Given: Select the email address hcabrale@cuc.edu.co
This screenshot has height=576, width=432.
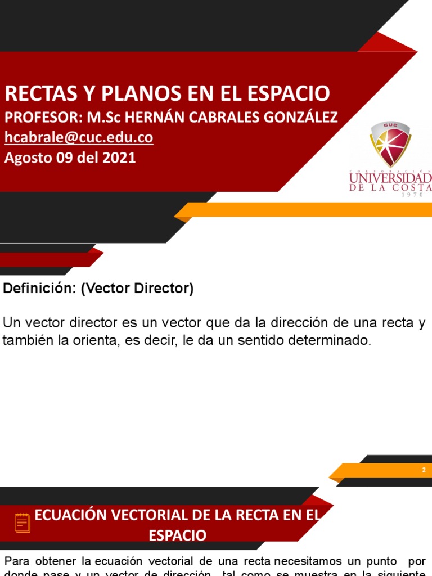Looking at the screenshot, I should pos(79,138).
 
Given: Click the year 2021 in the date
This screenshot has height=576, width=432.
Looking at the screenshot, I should pos(119,157).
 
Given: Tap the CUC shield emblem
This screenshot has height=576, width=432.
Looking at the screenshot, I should pos(390,144).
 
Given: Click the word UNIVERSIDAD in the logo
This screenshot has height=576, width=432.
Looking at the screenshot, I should pos(390,179).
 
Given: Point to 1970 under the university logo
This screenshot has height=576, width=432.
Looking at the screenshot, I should pos(416,195).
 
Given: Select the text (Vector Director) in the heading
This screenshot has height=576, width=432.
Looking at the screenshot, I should pos(137,289).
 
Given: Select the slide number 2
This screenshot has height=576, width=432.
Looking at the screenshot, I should pos(424,470).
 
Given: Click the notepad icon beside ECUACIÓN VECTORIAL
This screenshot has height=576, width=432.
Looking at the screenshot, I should pos(22,523).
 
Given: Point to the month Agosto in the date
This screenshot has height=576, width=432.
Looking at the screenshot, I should pos(28,157).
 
